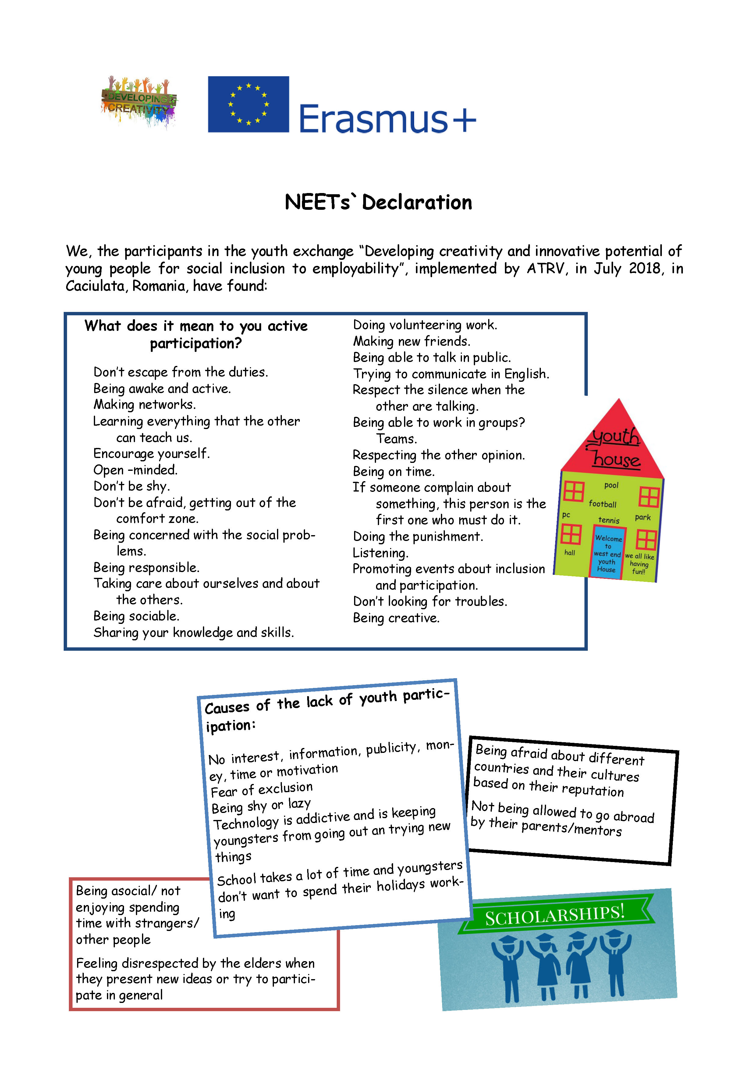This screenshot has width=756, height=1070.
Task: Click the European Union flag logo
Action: (x=248, y=104)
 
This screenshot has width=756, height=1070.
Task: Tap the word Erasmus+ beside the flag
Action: (x=387, y=119)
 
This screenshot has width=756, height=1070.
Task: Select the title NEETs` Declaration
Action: (x=378, y=202)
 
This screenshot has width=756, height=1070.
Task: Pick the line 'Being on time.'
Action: (x=394, y=471)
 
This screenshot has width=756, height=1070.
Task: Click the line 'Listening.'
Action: (x=380, y=553)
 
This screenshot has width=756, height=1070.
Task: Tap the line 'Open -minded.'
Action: (x=135, y=470)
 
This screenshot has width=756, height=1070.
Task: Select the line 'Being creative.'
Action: (x=396, y=618)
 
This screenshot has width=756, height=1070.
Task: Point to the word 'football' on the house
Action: (x=602, y=504)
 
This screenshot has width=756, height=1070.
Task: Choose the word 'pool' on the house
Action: (x=611, y=485)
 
